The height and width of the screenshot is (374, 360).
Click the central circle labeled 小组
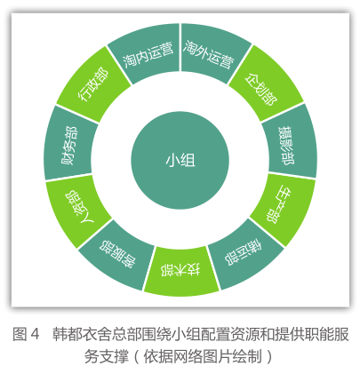coord(180,160)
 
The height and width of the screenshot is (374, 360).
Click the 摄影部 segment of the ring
coord(289,144)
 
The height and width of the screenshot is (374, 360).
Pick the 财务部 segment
coord(70,145)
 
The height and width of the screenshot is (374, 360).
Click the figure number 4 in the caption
coord(35,334)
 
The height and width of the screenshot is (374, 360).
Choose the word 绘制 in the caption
coord(247,356)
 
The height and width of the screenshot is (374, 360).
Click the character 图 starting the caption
coord(20,334)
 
